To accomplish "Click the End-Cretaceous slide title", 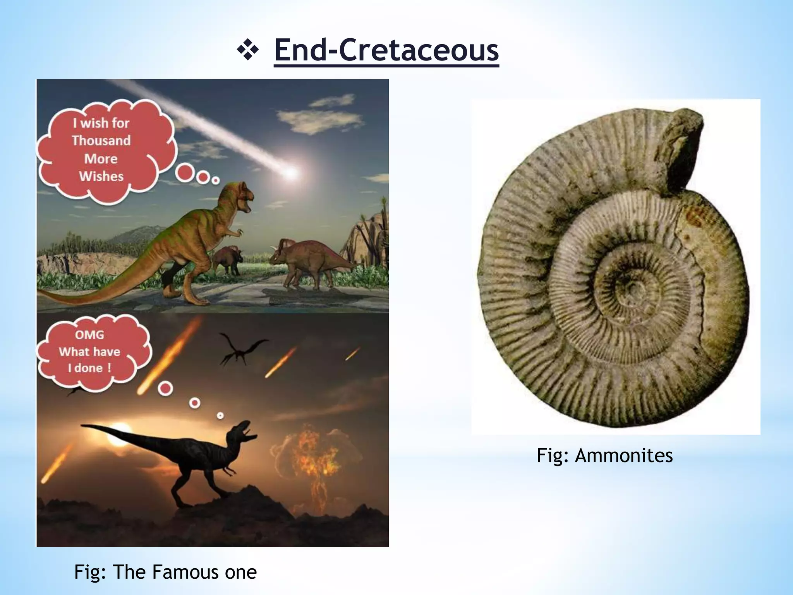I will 386,50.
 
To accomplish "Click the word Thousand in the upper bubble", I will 101,140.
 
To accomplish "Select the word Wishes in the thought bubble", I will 101,176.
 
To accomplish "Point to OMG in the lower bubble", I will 89,335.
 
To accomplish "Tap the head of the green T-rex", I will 240,198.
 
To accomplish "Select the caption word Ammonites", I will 624,456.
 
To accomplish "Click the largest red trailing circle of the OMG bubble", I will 166,388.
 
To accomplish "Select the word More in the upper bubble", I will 101,158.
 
